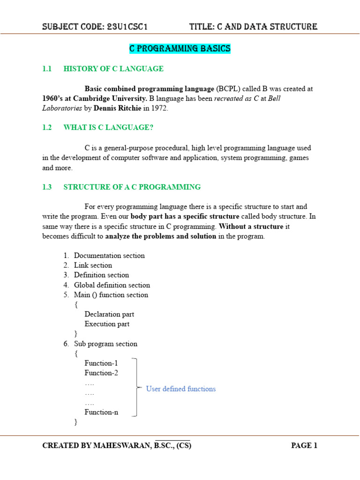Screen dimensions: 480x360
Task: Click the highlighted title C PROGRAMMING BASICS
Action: (180, 49)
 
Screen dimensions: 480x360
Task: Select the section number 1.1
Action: (46, 69)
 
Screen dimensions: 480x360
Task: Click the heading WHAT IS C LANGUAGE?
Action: (108, 127)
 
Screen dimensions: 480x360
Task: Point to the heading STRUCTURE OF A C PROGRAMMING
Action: (132, 187)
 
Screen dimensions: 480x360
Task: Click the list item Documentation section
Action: (109, 255)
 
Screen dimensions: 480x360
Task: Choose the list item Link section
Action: (93, 265)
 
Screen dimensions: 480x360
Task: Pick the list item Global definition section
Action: (112, 285)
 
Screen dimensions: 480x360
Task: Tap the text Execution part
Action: (107, 324)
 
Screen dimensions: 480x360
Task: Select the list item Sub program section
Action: (105, 344)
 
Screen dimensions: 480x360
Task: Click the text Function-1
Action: (101, 363)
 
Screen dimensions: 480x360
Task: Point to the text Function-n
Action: (101, 412)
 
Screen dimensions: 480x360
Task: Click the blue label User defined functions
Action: (181, 389)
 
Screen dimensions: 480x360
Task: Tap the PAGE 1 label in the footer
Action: (304, 446)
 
